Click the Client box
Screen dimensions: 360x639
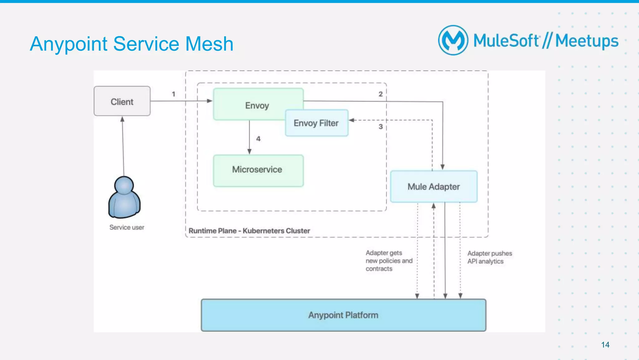point(122,101)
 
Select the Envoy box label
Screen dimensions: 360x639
point(257,106)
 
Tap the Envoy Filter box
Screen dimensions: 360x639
point(316,123)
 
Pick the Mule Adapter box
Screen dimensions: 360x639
point(434,186)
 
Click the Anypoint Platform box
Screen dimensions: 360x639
point(343,315)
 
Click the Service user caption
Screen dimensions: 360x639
point(127,227)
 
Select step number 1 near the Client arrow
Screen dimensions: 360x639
point(173,94)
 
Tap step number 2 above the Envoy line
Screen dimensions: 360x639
point(381,94)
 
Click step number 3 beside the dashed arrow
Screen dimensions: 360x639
point(381,126)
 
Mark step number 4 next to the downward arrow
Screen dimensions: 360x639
point(258,139)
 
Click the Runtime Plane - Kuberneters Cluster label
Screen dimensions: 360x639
point(249,231)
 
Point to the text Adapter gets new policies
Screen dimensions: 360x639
point(389,260)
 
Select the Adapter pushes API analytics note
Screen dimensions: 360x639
point(489,257)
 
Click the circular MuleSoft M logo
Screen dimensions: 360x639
point(453,40)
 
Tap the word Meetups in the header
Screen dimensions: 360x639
point(587,41)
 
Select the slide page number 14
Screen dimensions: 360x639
point(605,345)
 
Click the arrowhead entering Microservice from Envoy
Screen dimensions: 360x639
point(249,152)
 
